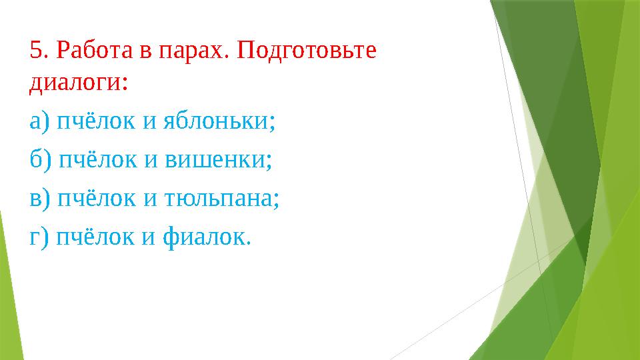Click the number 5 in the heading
pos(36,50)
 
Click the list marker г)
pos(39,237)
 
